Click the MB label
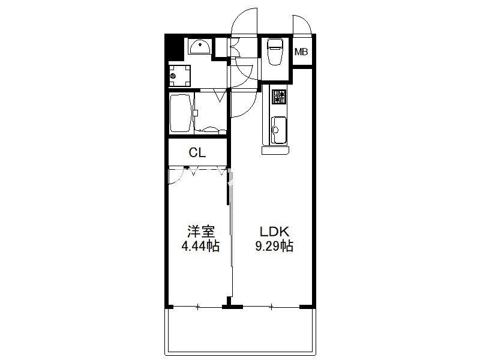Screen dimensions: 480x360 [301, 52]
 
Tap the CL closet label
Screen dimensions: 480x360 [197, 152]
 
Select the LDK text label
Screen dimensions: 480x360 [274, 232]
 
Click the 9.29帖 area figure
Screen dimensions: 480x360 [274, 246]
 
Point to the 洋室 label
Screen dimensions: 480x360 [200, 232]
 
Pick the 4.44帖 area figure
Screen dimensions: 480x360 [200, 246]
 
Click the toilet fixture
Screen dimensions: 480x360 [275, 51]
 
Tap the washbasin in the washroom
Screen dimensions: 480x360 [200, 47]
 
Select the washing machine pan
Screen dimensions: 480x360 [179, 76]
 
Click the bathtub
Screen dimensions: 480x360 [181, 113]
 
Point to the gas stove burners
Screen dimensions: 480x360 [279, 97]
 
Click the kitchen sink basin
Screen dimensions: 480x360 [279, 130]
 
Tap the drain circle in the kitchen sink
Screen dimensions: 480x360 [275, 130]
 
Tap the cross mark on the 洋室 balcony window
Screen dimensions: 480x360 [198, 307]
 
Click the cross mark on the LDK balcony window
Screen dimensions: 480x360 [271, 307]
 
